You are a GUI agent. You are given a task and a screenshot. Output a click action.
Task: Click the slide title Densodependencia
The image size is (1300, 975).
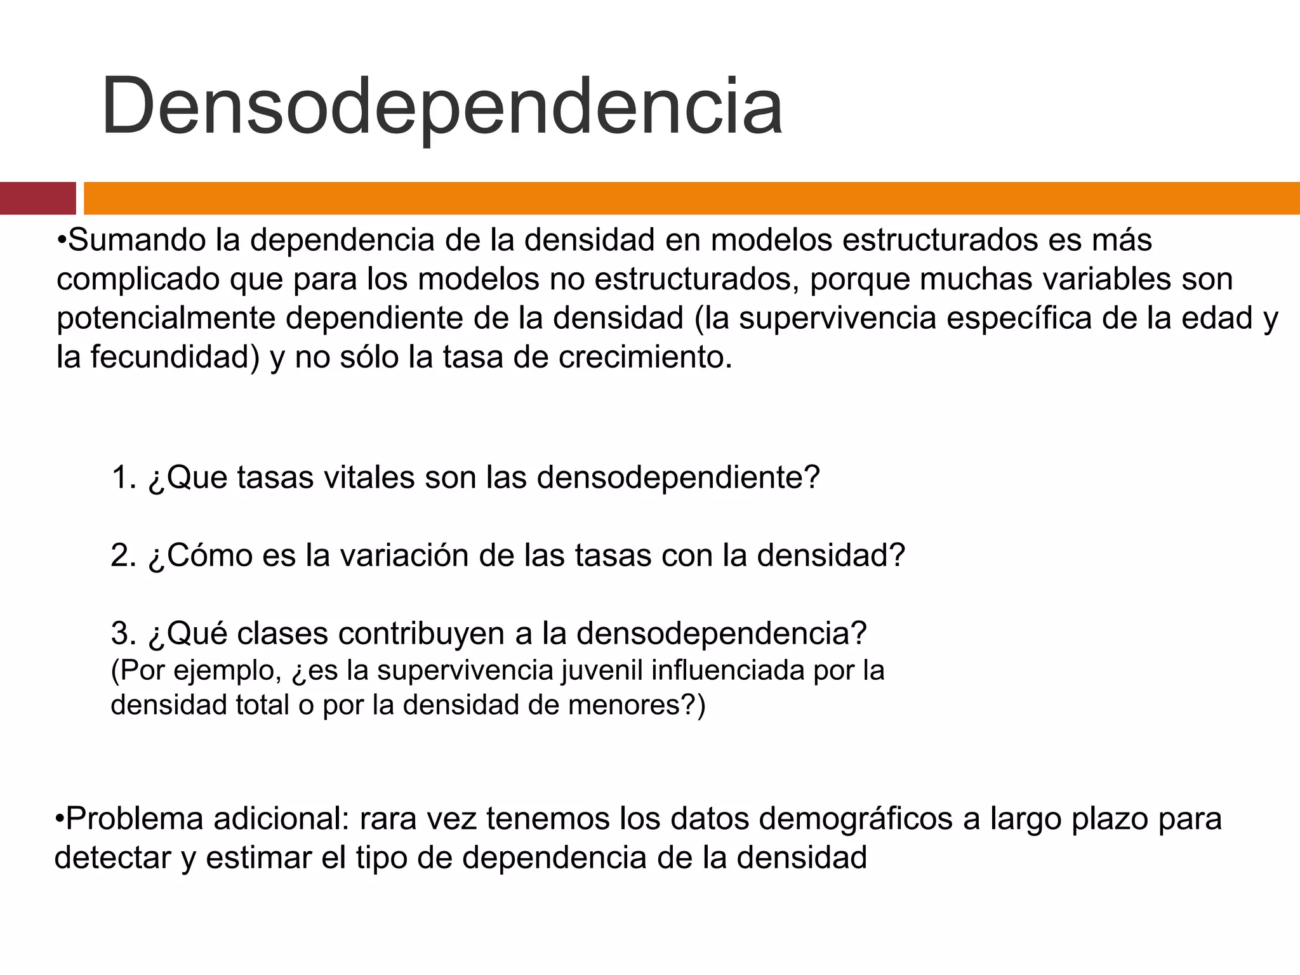click(x=441, y=107)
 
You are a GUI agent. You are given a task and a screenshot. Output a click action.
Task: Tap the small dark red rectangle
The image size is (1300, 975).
click(x=37, y=198)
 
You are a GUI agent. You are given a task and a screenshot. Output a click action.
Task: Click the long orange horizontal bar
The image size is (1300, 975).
click(x=691, y=198)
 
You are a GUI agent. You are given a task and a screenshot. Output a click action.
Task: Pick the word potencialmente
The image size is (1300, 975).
click(x=166, y=318)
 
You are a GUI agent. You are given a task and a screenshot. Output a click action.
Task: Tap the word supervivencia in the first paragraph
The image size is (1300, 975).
click(x=838, y=318)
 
